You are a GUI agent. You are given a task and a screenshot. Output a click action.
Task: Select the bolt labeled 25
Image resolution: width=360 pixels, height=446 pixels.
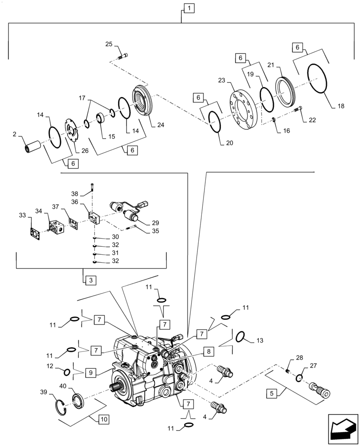pos(123,56)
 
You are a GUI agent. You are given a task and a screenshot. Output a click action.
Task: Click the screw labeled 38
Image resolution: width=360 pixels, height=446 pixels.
pos(92,188)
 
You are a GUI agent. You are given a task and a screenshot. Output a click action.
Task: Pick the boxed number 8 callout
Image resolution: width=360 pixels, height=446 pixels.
pos(208,351)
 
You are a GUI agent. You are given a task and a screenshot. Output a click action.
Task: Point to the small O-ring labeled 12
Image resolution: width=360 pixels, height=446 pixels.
pos(67,372)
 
